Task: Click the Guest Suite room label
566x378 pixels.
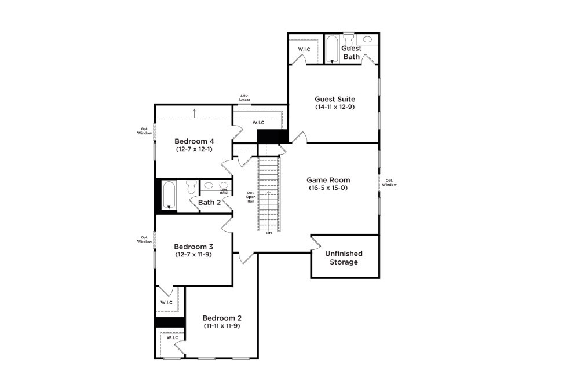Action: coord(335,99)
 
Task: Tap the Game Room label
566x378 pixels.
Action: coord(328,180)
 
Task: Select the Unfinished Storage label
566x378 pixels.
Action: coord(344,258)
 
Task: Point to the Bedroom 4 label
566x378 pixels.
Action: coord(195,141)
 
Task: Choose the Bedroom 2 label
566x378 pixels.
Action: coord(222,318)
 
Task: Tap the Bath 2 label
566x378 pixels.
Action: coord(209,203)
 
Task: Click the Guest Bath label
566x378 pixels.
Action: coord(352,52)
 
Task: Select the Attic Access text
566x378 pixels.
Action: coord(244,98)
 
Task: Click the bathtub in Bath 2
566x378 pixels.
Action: coord(169,194)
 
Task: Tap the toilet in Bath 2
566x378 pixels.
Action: coord(191,187)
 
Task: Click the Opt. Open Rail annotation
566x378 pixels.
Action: coord(251,196)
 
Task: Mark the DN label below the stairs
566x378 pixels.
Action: coord(269,233)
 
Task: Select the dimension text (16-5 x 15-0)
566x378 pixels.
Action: coord(328,188)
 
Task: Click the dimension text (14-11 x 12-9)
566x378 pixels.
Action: coord(335,107)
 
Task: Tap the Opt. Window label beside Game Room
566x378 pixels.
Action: coord(390,182)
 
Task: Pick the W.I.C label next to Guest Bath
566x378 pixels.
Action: coord(304,49)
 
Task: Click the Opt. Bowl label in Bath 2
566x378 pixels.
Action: coord(224,191)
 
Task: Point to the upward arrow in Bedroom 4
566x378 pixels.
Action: coord(195,112)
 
